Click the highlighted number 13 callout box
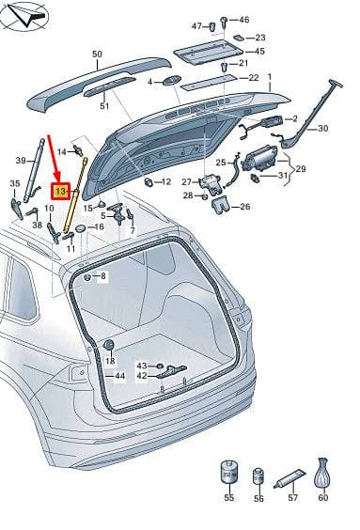(x=60, y=192)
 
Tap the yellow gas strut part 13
(x=74, y=195)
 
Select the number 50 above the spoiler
(x=97, y=55)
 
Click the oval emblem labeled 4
(x=172, y=81)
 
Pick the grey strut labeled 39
(x=34, y=170)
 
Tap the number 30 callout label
(x=322, y=129)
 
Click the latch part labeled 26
(x=221, y=206)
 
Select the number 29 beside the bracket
(x=300, y=168)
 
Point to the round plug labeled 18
(x=109, y=345)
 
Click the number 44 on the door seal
(x=119, y=376)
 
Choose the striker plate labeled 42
(x=172, y=371)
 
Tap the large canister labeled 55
(x=229, y=472)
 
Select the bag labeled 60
(x=322, y=473)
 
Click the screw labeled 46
(x=224, y=22)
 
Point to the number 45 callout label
(x=259, y=52)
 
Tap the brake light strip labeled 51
(x=110, y=86)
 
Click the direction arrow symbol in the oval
(x=28, y=16)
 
